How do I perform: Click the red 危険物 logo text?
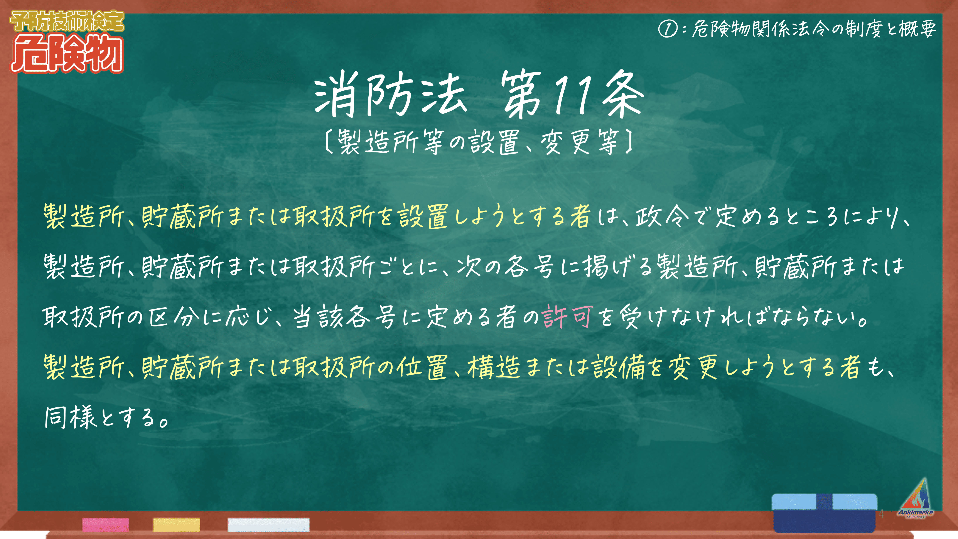(x=67, y=53)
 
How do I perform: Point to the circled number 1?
(x=668, y=29)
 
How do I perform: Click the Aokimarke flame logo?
(x=915, y=498)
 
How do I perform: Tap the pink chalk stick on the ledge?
(x=106, y=524)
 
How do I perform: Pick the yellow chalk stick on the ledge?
(x=176, y=524)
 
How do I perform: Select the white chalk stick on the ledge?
(x=268, y=524)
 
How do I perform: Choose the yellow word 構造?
(x=494, y=367)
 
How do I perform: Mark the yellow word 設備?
(x=619, y=367)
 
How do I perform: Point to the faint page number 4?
(x=881, y=514)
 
